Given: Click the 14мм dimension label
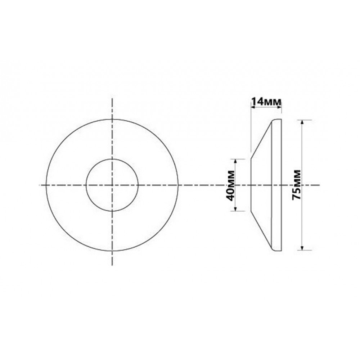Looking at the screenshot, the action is (x=266, y=101).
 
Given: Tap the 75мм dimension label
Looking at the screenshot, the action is (x=296, y=185).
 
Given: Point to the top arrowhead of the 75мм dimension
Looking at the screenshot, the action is (x=302, y=122).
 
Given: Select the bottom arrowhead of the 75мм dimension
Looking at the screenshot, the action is (x=302, y=248).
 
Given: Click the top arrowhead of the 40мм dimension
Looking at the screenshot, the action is (x=235, y=161).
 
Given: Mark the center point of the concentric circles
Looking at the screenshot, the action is (x=112, y=185).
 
